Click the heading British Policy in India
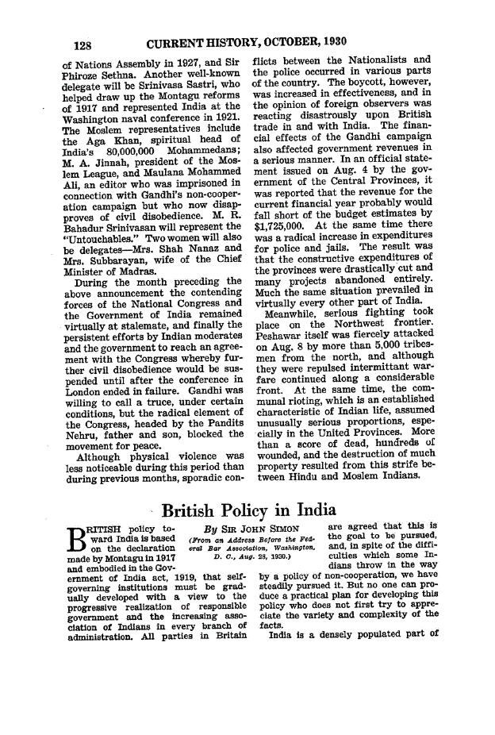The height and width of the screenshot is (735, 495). coord(249,510)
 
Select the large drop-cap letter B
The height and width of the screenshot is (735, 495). coord(78,541)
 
